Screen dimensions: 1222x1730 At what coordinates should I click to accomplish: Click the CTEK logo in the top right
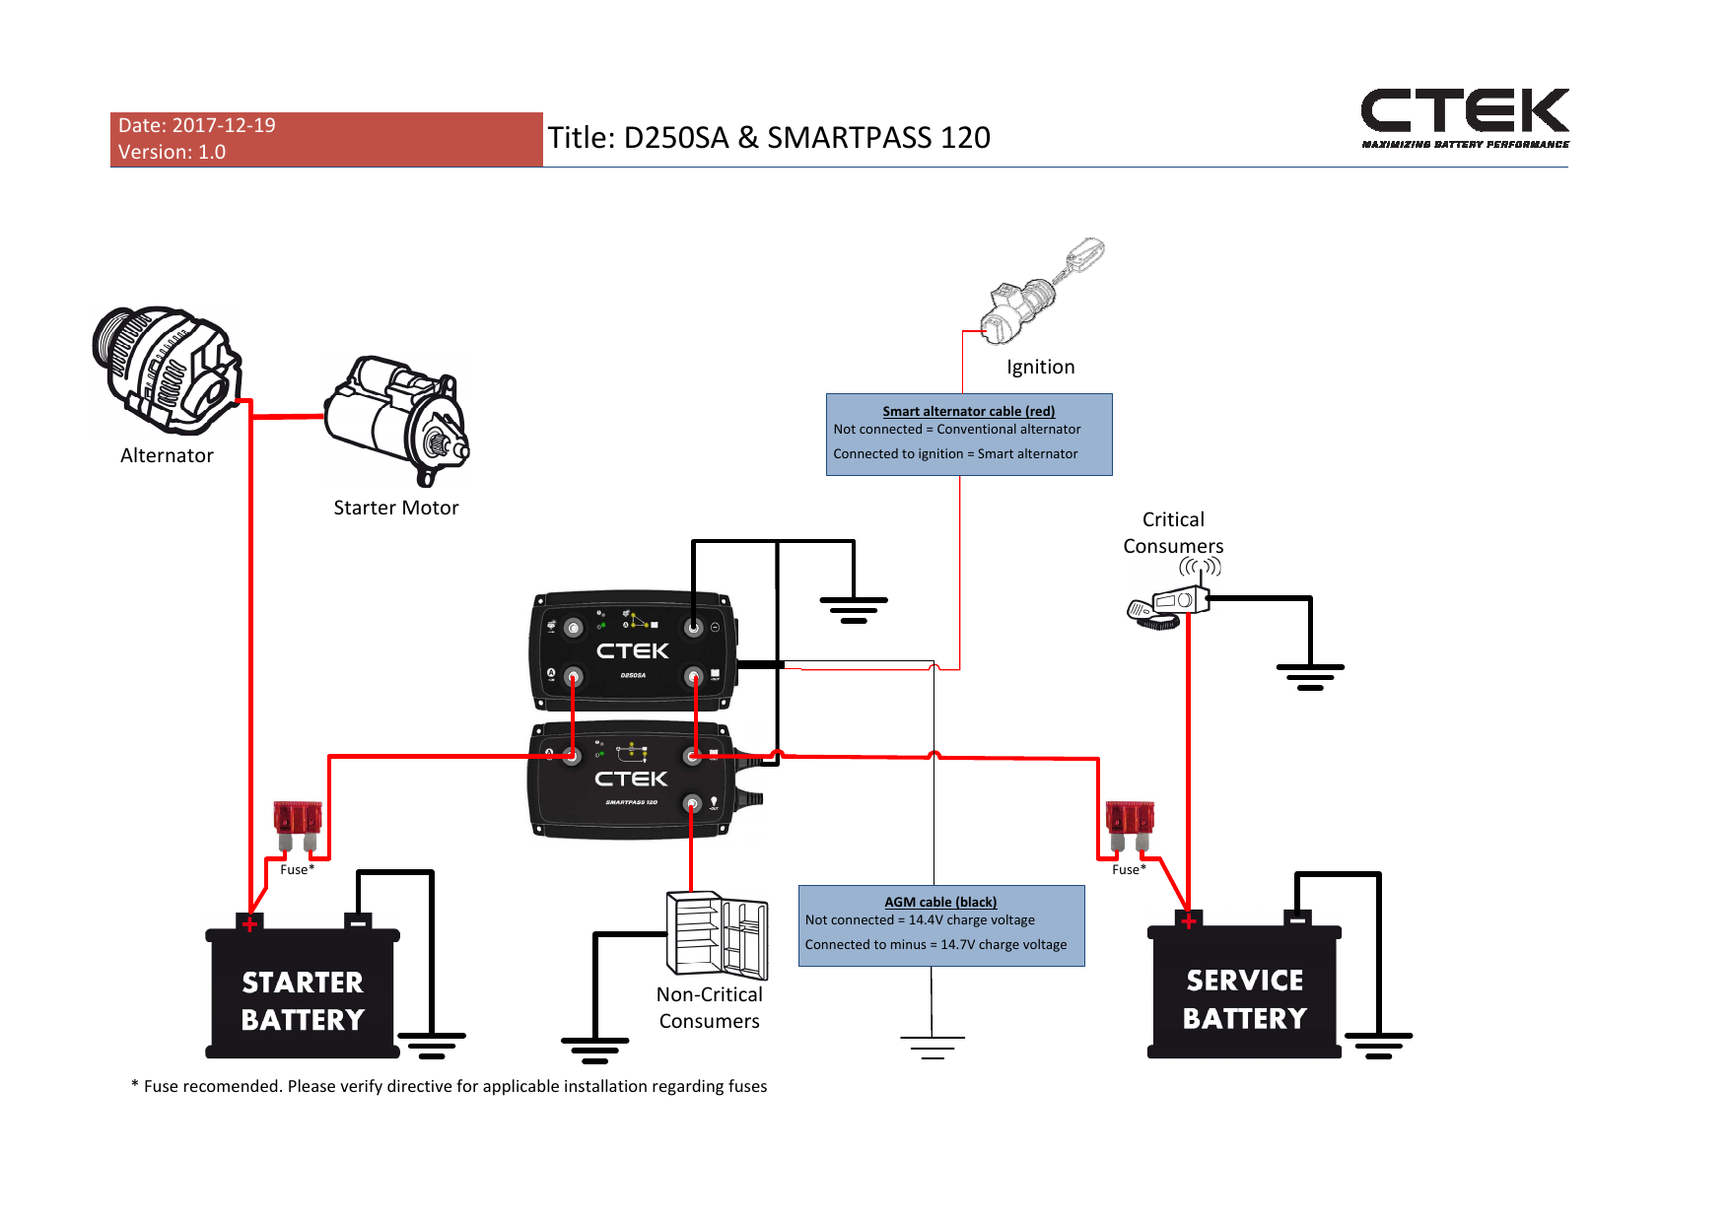(x=1464, y=112)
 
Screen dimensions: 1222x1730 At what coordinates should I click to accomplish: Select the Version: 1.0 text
(x=172, y=152)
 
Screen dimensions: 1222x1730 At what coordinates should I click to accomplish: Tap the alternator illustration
(x=165, y=370)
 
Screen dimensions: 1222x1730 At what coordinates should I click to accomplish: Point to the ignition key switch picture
(x=1041, y=292)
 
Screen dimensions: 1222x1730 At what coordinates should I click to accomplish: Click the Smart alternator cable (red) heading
(x=968, y=411)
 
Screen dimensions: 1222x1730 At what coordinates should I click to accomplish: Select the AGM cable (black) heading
(x=940, y=902)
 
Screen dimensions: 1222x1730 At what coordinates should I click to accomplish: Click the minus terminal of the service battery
(x=1297, y=919)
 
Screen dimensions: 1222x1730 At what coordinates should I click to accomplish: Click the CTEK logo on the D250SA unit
(x=632, y=651)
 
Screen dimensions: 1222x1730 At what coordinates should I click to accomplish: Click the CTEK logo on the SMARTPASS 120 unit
(x=631, y=780)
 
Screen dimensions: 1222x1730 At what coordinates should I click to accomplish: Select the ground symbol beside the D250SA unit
(x=854, y=610)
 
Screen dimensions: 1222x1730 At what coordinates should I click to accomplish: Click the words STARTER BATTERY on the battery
(x=303, y=1000)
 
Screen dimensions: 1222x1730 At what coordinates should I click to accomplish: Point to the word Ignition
(x=1040, y=367)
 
